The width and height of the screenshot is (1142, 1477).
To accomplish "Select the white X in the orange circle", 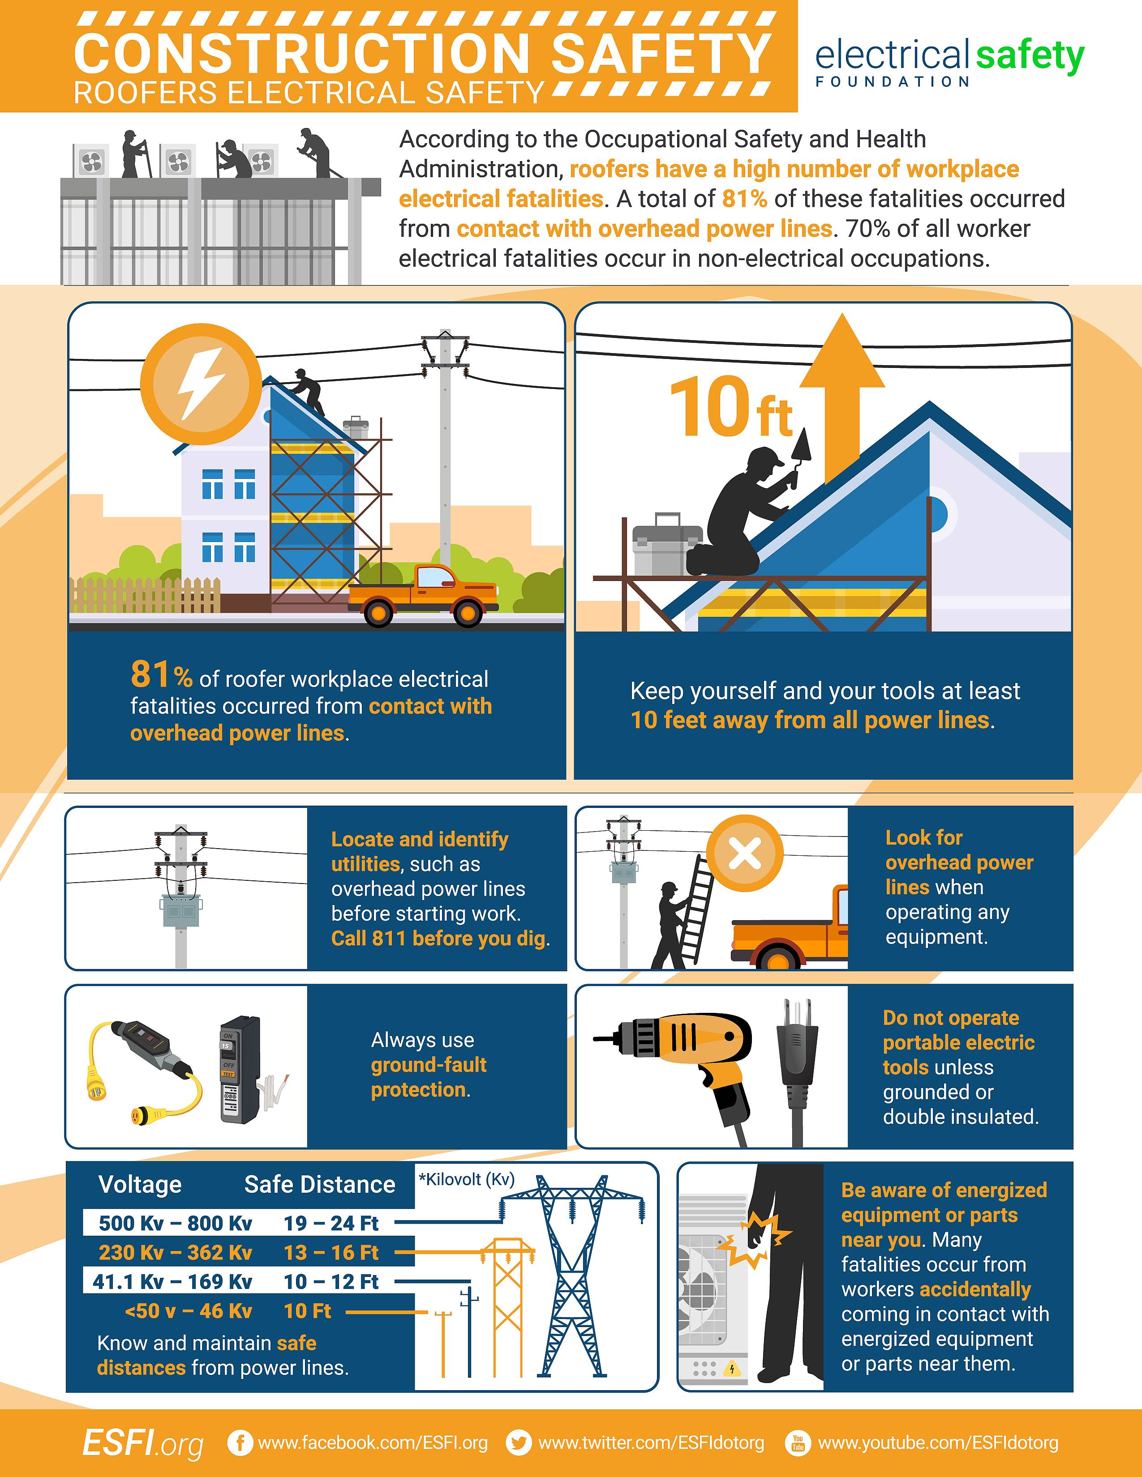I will [x=745, y=854].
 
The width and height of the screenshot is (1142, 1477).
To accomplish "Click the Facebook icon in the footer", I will [x=240, y=1443].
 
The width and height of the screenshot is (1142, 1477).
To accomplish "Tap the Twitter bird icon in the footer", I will [x=519, y=1443].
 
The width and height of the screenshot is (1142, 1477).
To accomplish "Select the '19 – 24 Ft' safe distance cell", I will [x=331, y=1223].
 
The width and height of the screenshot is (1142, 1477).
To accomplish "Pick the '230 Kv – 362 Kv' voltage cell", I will [x=175, y=1252].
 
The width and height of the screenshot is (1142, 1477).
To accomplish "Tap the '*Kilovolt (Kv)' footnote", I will [x=467, y=1179].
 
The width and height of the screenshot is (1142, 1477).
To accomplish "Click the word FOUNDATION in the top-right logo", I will [x=893, y=82].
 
